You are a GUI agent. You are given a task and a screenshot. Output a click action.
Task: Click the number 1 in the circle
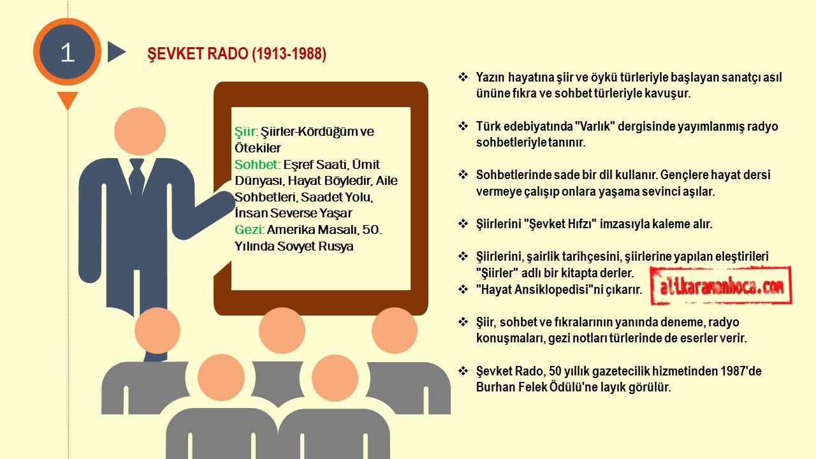[x=68, y=53]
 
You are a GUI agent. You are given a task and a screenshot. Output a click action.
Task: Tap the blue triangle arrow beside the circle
[x=116, y=52]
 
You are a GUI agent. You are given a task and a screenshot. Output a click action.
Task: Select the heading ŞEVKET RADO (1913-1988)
[x=237, y=54]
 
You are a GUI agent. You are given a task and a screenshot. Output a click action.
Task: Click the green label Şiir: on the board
[x=246, y=131]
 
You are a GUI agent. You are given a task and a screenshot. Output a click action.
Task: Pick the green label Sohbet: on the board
[x=257, y=164]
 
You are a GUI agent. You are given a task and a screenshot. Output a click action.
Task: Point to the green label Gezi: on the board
[x=249, y=230]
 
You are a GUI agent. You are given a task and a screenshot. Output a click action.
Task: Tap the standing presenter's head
[x=140, y=131]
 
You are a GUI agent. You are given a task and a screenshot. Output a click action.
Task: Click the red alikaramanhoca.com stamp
[x=721, y=286]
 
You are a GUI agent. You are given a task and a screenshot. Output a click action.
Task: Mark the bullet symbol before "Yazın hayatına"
[x=463, y=77]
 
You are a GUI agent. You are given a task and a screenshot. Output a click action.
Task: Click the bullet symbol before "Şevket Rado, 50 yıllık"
[x=463, y=371]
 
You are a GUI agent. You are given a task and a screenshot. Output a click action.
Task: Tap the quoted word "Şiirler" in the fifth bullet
[x=497, y=273]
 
